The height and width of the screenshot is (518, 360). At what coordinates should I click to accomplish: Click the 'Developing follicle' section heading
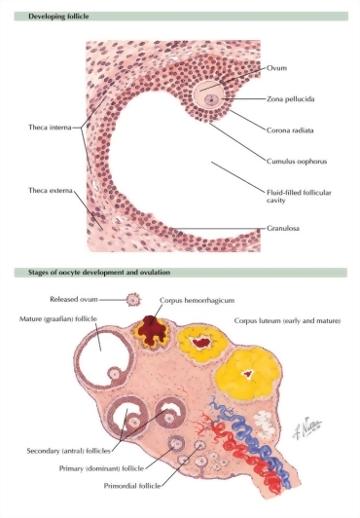[58, 17]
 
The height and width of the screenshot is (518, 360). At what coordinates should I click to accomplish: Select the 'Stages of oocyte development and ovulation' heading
[99, 273]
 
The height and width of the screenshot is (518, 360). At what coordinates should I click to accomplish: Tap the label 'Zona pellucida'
[290, 99]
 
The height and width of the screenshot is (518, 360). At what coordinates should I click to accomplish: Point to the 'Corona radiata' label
[290, 130]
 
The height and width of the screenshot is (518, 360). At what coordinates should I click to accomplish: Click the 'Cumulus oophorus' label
[297, 162]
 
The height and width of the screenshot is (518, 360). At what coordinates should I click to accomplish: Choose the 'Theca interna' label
[50, 128]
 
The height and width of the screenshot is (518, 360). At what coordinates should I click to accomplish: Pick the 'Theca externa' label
[51, 190]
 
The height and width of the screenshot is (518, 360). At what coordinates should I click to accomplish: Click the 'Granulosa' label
[283, 228]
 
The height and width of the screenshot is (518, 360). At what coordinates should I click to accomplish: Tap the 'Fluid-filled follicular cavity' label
[299, 197]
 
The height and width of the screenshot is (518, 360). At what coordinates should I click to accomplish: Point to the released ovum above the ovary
[133, 300]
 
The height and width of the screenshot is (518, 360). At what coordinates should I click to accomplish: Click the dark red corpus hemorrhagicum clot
[152, 330]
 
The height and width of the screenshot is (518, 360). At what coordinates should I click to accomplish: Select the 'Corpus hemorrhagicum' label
[197, 300]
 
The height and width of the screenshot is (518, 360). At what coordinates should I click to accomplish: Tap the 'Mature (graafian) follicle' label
[58, 318]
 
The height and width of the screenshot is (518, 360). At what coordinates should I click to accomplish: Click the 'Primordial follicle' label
[132, 486]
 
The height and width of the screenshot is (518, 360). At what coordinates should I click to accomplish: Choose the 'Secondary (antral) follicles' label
[69, 451]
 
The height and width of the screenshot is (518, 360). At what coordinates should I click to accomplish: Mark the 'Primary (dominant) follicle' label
[101, 468]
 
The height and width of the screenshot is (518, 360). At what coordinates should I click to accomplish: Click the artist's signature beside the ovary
[306, 428]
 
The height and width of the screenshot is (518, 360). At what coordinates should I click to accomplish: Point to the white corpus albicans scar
[265, 424]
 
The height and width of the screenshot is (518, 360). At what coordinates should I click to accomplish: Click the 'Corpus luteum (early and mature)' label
[287, 320]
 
